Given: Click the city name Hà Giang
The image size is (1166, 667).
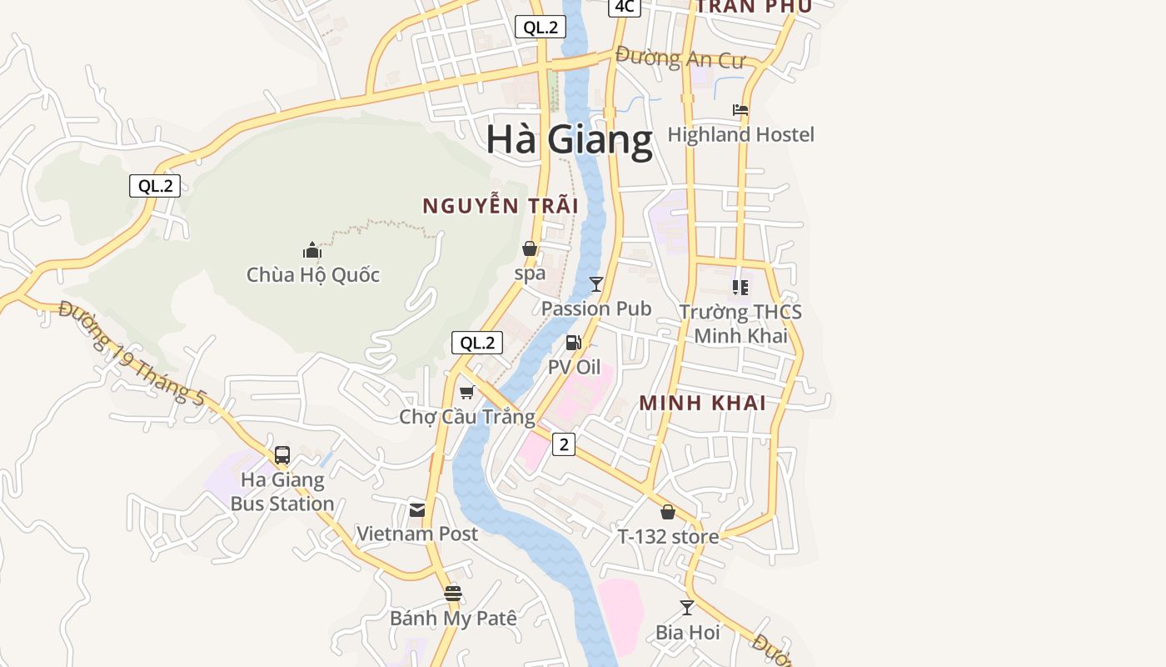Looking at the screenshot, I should tap(570, 139).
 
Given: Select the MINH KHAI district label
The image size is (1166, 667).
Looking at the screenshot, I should tap(702, 403).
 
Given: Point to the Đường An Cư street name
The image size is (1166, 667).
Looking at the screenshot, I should tap(679, 58).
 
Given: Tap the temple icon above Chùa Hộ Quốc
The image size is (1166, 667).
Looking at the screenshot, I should tap(312, 249).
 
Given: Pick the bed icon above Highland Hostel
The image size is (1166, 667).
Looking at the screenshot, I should tap(740, 110).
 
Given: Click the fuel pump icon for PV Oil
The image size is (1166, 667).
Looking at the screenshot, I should tap(573, 342).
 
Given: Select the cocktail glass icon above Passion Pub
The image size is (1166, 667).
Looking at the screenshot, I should tap(595, 284).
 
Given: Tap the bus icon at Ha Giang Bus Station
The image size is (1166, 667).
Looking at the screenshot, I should tap(282, 454).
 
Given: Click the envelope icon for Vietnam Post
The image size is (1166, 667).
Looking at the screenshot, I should tap(417, 509).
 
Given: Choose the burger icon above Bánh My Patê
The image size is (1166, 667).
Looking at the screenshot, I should tap(453, 594).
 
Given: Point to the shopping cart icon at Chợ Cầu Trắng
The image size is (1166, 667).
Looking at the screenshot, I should tap(466, 392).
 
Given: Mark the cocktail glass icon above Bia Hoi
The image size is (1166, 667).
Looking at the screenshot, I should tap(687, 608).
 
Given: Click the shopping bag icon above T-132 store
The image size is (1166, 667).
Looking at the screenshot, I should tap(668, 512).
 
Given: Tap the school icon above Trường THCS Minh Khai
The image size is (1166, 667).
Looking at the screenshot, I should tap(740, 288).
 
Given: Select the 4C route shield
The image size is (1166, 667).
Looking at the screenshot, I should tap(624, 7).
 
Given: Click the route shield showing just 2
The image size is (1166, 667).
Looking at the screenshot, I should tap(564, 444).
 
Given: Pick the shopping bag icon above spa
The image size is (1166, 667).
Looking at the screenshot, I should tap(529, 248).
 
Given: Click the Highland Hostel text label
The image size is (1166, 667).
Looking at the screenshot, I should tap(740, 134).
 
